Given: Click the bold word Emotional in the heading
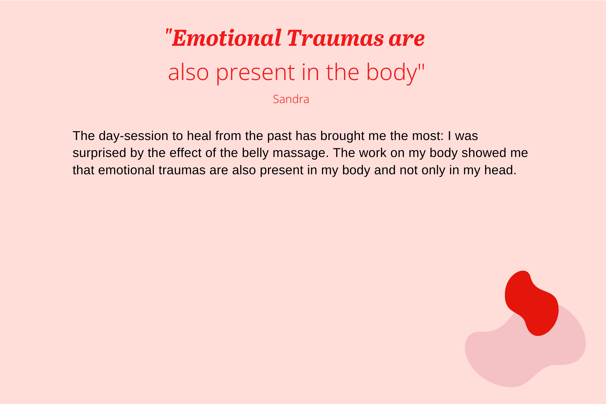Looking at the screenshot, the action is coord(227,38).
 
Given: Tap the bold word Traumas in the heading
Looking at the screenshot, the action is coord(335,38).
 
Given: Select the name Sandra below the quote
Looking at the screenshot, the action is coord(291,99).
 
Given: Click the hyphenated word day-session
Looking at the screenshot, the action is coord(133,136).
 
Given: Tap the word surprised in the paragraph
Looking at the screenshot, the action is coord(99,153).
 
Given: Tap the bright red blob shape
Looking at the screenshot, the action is coord(531,303).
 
